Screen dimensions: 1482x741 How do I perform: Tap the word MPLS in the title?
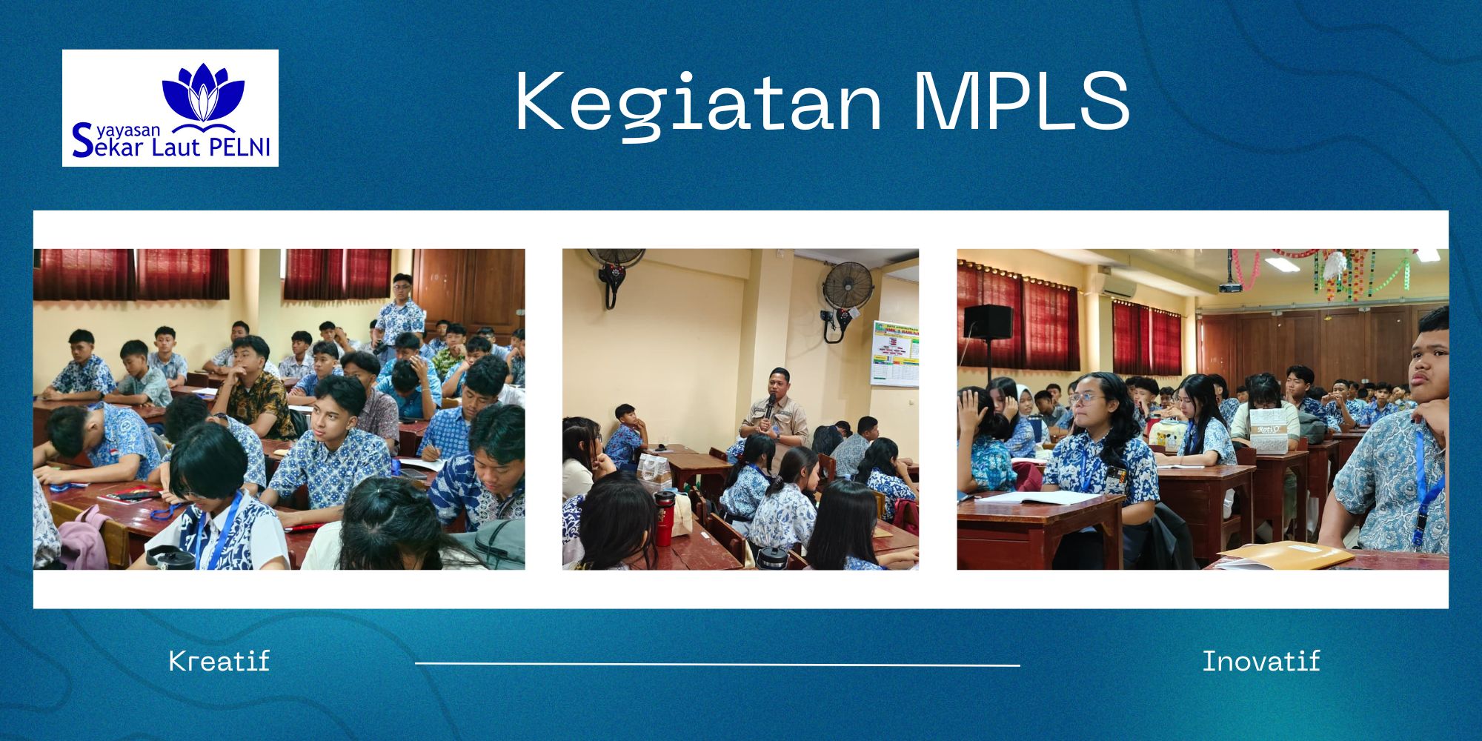1021,101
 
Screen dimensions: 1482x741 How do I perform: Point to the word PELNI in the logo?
240,147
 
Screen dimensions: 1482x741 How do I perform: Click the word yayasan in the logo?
128,130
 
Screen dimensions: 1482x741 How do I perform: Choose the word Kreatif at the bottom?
219,661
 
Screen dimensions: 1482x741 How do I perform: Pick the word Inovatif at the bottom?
1261,661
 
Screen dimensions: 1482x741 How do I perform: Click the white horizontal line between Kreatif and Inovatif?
717,665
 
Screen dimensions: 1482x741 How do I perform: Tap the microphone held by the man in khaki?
771,406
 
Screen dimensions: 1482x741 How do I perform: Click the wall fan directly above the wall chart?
847,293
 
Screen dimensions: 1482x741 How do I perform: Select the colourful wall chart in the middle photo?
894,353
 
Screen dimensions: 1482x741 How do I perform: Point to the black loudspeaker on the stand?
988,320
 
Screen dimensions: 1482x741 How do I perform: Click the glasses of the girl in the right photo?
1083,399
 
